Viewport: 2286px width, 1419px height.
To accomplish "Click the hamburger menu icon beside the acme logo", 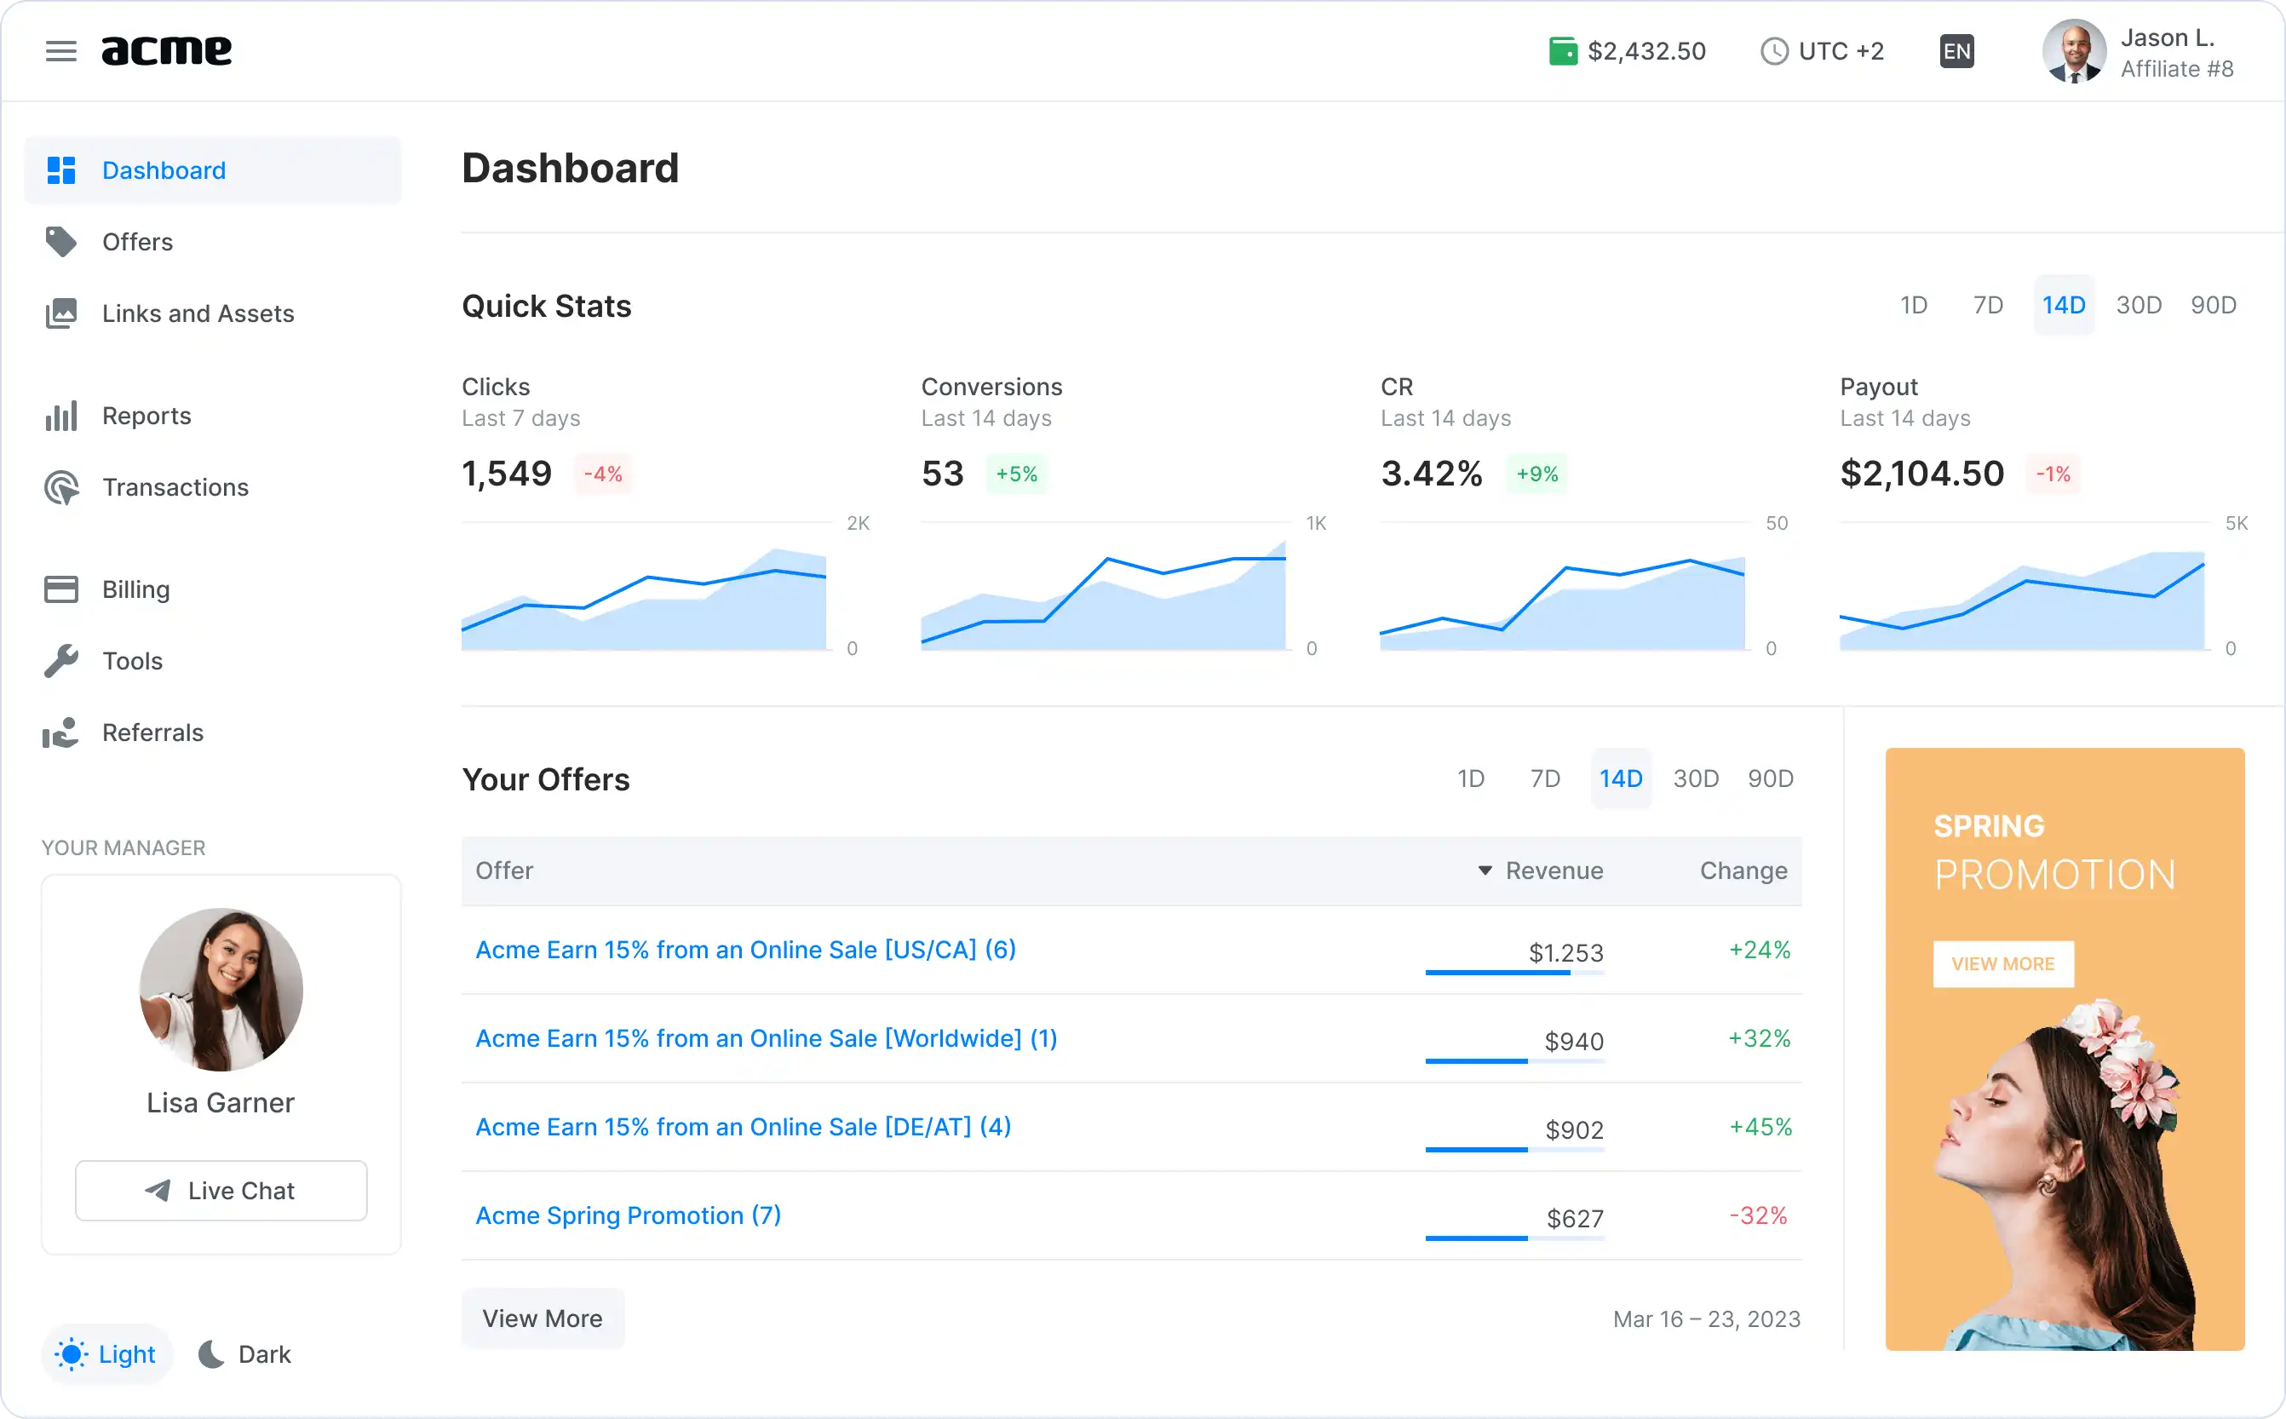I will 61,51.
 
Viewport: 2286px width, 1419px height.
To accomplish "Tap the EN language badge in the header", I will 1956,51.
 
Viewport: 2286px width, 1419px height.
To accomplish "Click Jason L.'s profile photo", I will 2074,51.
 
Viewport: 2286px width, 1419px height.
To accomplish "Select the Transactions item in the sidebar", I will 175,487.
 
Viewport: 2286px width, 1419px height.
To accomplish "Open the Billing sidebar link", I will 135,589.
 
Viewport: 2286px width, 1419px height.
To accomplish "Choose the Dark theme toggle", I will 246,1353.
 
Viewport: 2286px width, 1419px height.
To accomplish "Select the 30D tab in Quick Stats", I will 2139,305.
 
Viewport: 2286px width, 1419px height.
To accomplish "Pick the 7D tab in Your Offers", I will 1545,779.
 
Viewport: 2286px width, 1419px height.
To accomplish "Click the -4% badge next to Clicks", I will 602,474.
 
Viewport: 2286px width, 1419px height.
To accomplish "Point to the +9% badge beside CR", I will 1537,474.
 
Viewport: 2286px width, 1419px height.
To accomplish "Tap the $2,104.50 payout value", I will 1921,474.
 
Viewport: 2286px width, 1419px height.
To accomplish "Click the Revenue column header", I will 1553,871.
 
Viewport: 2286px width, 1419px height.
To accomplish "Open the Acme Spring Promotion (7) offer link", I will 628,1215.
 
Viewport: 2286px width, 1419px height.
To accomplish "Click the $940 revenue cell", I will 1574,1041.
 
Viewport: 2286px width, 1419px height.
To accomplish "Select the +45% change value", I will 1760,1126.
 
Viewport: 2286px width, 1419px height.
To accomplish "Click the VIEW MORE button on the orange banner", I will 2002,964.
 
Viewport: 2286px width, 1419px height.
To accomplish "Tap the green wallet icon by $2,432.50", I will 1563,51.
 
